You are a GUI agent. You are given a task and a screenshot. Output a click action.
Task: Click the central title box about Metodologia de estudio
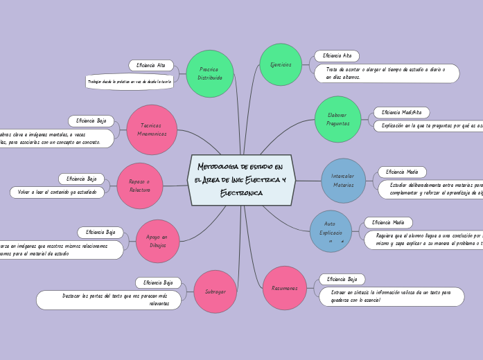pyautogui.click(x=241, y=180)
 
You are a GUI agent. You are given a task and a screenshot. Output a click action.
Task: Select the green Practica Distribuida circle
pyautogui.click(x=209, y=73)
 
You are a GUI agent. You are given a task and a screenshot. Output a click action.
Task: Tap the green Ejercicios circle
pyautogui.click(x=281, y=64)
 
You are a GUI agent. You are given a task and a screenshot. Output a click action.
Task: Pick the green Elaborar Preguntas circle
pyautogui.click(x=338, y=119)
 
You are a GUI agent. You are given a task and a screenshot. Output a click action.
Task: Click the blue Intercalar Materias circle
pyautogui.click(x=343, y=181)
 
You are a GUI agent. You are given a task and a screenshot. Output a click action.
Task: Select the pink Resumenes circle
pyautogui.click(x=285, y=287)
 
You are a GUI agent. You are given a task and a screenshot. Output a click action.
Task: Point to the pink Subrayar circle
pyautogui.click(x=216, y=291)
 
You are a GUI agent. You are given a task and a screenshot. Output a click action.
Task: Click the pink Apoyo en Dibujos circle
pyautogui.click(x=157, y=241)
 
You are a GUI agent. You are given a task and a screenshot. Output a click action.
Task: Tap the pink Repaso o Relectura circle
pyautogui.click(x=140, y=186)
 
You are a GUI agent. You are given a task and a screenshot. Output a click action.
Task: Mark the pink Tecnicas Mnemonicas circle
pyautogui.click(x=152, y=129)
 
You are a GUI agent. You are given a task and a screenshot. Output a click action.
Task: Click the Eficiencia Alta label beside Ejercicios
pyautogui.click(x=337, y=55)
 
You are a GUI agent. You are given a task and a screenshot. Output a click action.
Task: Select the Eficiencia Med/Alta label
pyautogui.click(x=401, y=112)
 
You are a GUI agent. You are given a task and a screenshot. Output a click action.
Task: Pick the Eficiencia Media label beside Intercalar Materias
pyautogui.click(x=402, y=172)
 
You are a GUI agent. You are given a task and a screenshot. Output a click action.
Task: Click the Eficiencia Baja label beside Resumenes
pyautogui.click(x=342, y=279)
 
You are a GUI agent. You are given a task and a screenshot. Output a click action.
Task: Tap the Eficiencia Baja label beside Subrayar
pyautogui.click(x=158, y=282)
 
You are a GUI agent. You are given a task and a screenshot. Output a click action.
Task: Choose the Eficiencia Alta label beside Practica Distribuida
pyautogui.click(x=150, y=65)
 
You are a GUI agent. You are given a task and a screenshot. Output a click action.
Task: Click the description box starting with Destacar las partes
pyautogui.click(x=111, y=300)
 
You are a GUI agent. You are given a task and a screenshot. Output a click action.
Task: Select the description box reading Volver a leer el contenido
pyautogui.click(x=57, y=192)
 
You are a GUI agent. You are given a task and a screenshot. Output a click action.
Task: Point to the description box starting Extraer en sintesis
pyautogui.click(x=392, y=296)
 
